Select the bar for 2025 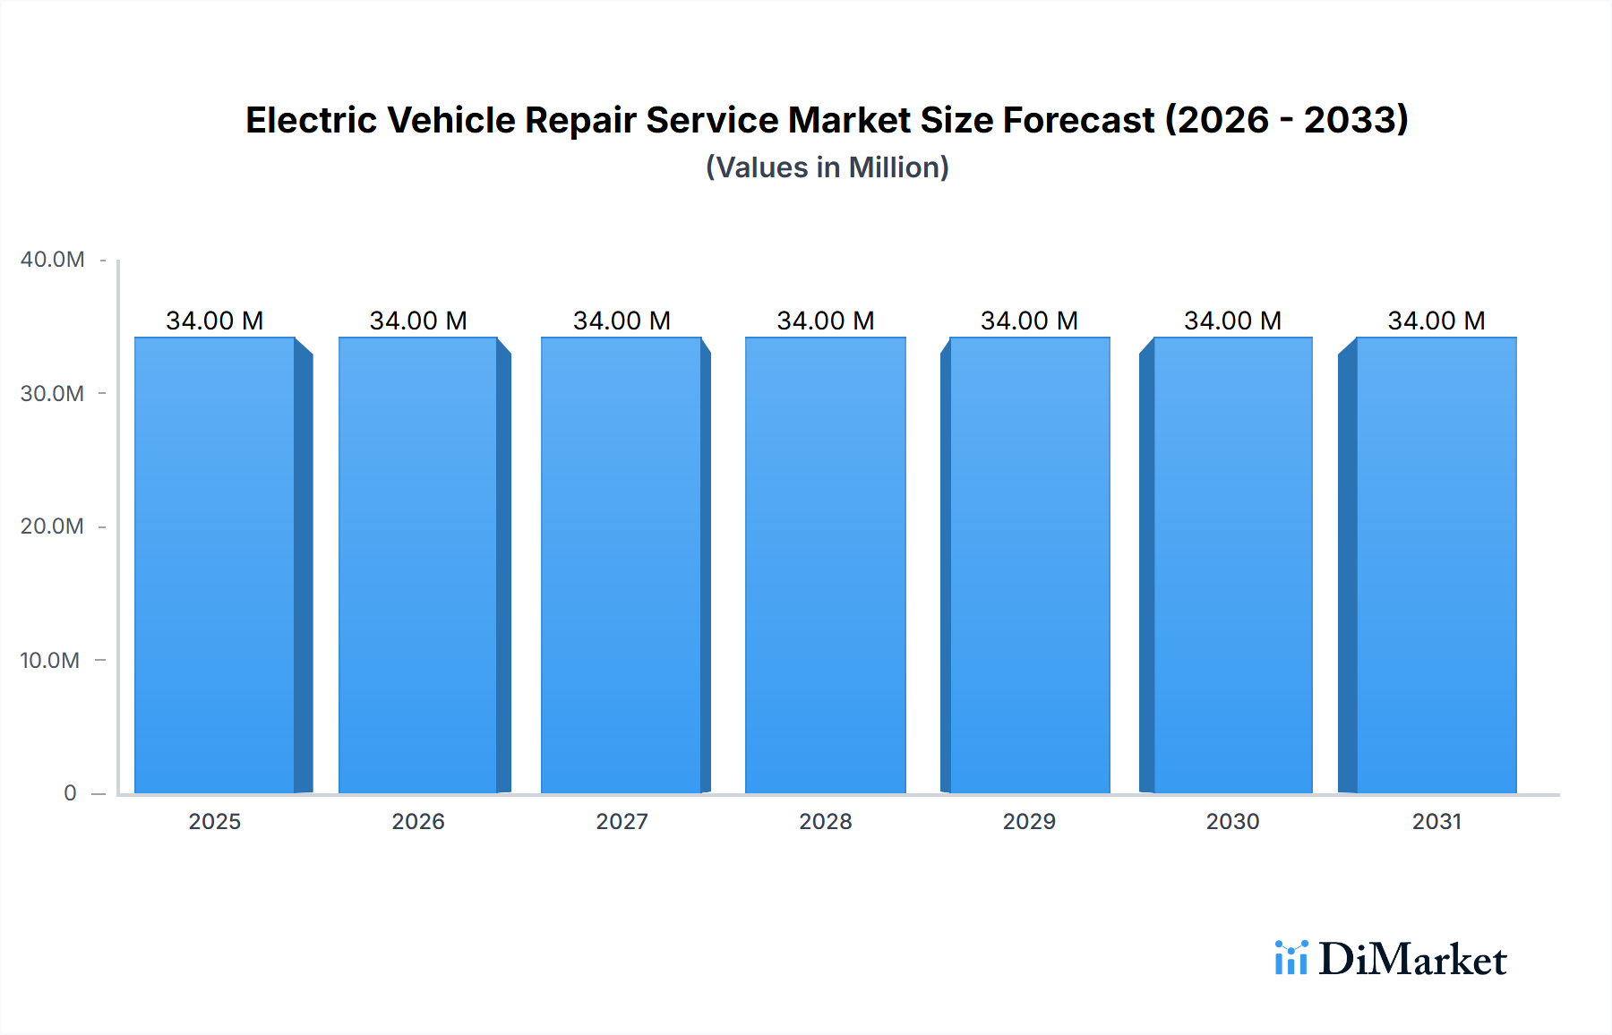(215, 564)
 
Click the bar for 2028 (825, 564)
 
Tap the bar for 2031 (1436, 564)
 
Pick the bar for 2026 (418, 564)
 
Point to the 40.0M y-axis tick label (52, 260)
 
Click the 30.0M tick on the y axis (52, 394)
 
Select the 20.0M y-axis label (52, 526)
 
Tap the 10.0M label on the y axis (50, 661)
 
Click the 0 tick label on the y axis (70, 793)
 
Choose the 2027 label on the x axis (622, 822)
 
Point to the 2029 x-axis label (1029, 822)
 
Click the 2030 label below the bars (1232, 822)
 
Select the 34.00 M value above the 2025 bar (215, 321)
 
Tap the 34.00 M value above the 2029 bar (1029, 321)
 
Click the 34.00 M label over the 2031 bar (1436, 321)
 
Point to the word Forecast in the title (1078, 121)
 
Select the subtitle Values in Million (827, 167)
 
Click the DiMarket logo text (1412, 960)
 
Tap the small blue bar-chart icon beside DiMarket (1290, 958)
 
